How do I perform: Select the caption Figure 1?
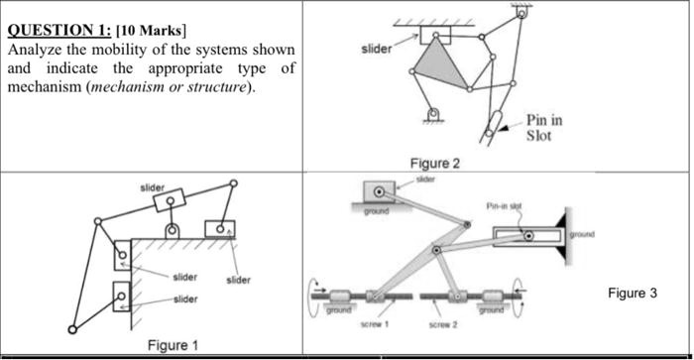(173, 344)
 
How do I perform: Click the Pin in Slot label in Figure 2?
(543, 127)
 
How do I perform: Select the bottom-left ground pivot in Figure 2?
(431, 115)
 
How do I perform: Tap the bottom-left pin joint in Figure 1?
(72, 329)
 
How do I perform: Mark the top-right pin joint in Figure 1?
(234, 182)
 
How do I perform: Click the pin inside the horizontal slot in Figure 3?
(528, 236)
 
